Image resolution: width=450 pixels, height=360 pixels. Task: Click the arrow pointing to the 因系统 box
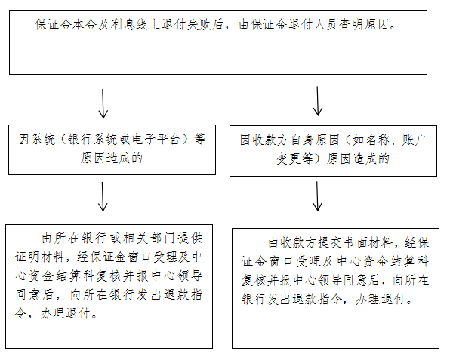[x=103, y=103]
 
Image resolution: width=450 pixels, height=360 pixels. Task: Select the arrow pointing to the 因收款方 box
[x=317, y=101]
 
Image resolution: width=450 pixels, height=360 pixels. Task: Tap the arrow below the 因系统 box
[x=103, y=196]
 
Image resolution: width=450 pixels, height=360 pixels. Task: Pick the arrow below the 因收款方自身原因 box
[x=317, y=196]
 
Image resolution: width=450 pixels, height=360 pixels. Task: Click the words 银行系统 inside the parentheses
[x=92, y=140]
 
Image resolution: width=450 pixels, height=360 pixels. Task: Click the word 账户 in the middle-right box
[x=413, y=140]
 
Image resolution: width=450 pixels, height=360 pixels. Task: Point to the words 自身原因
[x=315, y=140]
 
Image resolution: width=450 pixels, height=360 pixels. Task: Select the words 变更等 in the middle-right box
[x=294, y=158]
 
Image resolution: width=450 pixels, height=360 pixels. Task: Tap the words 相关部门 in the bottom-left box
[x=149, y=238]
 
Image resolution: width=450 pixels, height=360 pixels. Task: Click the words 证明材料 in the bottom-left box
[x=39, y=257]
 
